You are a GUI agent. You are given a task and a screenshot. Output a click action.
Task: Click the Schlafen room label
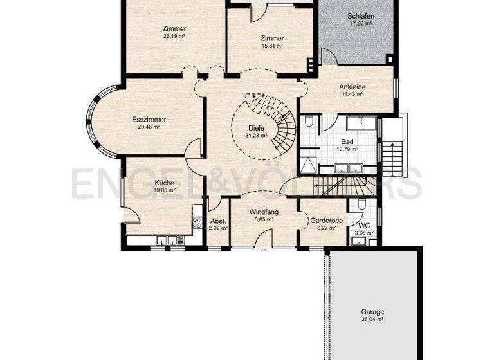pyautogui.click(x=361, y=17)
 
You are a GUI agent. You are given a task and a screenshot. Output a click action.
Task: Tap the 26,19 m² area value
pyautogui.click(x=174, y=36)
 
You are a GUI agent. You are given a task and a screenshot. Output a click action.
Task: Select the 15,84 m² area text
pyautogui.click(x=272, y=46)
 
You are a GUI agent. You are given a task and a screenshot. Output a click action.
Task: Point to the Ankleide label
pyautogui.click(x=353, y=86)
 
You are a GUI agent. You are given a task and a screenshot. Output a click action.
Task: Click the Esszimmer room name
pyautogui.click(x=149, y=120)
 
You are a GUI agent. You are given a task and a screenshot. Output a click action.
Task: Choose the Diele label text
pyautogui.click(x=256, y=128)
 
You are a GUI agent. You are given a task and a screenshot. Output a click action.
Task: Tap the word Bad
pyautogui.click(x=347, y=141)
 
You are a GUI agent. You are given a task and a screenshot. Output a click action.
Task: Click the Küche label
pyautogui.click(x=165, y=183)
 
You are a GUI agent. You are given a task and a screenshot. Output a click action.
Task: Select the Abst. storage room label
pyautogui.click(x=218, y=221)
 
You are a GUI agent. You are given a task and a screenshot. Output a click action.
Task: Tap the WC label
pyautogui.click(x=364, y=226)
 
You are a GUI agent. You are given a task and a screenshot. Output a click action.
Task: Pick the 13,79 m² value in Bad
pyautogui.click(x=347, y=149)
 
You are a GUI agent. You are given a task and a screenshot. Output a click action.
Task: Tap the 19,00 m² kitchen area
pyautogui.click(x=165, y=190)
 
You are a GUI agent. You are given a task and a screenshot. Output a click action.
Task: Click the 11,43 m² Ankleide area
pyautogui.click(x=353, y=94)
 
